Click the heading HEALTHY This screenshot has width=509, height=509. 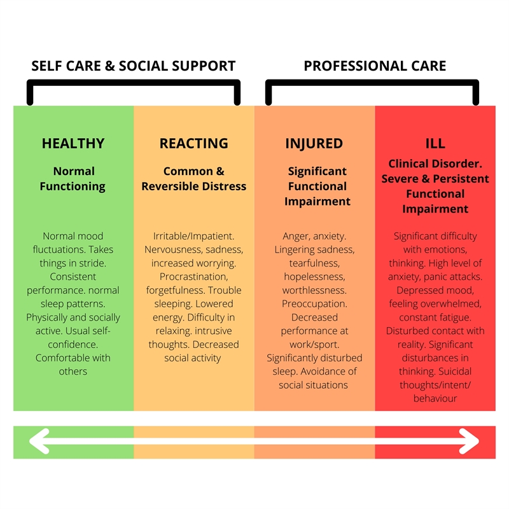coord(73,143)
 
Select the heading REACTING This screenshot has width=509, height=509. coord(193,143)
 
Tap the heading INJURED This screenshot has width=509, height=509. coord(314,143)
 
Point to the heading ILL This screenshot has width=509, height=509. coord(435,143)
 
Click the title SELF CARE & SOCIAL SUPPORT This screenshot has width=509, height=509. coord(134,66)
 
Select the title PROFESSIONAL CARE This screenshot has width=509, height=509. coord(375,66)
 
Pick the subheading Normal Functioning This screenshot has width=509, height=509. coord(73,179)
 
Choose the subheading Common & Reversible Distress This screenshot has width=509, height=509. coord(193,179)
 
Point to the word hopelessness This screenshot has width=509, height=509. coord(314,277)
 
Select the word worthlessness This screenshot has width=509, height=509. coord(314,290)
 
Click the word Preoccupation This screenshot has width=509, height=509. coord(314,303)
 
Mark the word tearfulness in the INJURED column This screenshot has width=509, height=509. coord(314,263)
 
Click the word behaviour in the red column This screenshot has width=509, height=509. coord(435,399)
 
